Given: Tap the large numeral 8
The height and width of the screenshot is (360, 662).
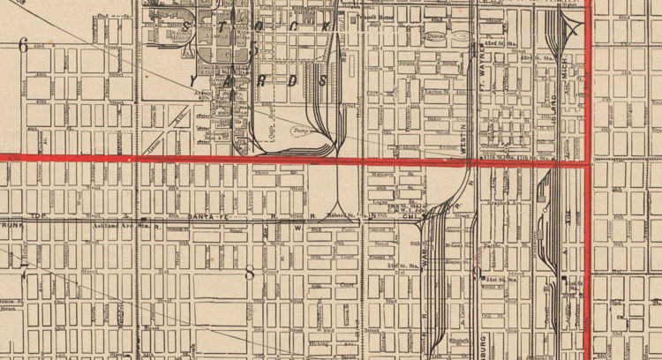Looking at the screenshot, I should point(250,273).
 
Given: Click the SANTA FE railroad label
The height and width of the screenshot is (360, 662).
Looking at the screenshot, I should point(211,216).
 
